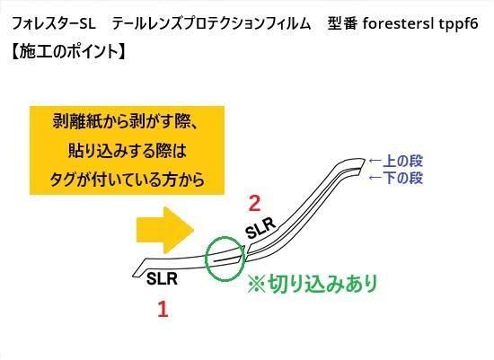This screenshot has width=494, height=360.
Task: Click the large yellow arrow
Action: click(x=164, y=230)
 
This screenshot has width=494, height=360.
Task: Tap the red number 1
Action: click(x=163, y=309)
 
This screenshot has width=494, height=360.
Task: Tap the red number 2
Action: click(x=254, y=203)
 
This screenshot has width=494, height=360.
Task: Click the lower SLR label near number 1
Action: click(x=162, y=278)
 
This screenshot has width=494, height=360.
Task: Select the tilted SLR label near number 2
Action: click(x=260, y=228)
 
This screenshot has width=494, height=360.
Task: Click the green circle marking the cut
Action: click(x=206, y=259)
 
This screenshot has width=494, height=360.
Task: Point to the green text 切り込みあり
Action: click(x=313, y=283)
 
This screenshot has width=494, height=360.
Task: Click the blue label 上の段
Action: click(x=402, y=161)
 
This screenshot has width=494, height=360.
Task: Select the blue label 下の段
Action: click(x=402, y=178)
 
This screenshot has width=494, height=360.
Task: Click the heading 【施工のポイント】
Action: click(x=68, y=51)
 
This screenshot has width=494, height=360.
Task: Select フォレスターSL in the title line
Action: click(x=54, y=23)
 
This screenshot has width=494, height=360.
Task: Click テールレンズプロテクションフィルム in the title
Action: click(x=211, y=23)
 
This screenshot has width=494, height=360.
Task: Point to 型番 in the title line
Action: click(x=342, y=23)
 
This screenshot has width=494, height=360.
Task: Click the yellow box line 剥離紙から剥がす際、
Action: click(x=126, y=121)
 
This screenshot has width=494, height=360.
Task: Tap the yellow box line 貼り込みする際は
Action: click(x=128, y=151)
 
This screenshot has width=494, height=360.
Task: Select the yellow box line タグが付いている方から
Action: click(x=128, y=180)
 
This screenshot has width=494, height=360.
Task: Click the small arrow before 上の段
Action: click(x=375, y=161)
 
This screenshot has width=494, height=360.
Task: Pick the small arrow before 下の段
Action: click(x=375, y=178)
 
